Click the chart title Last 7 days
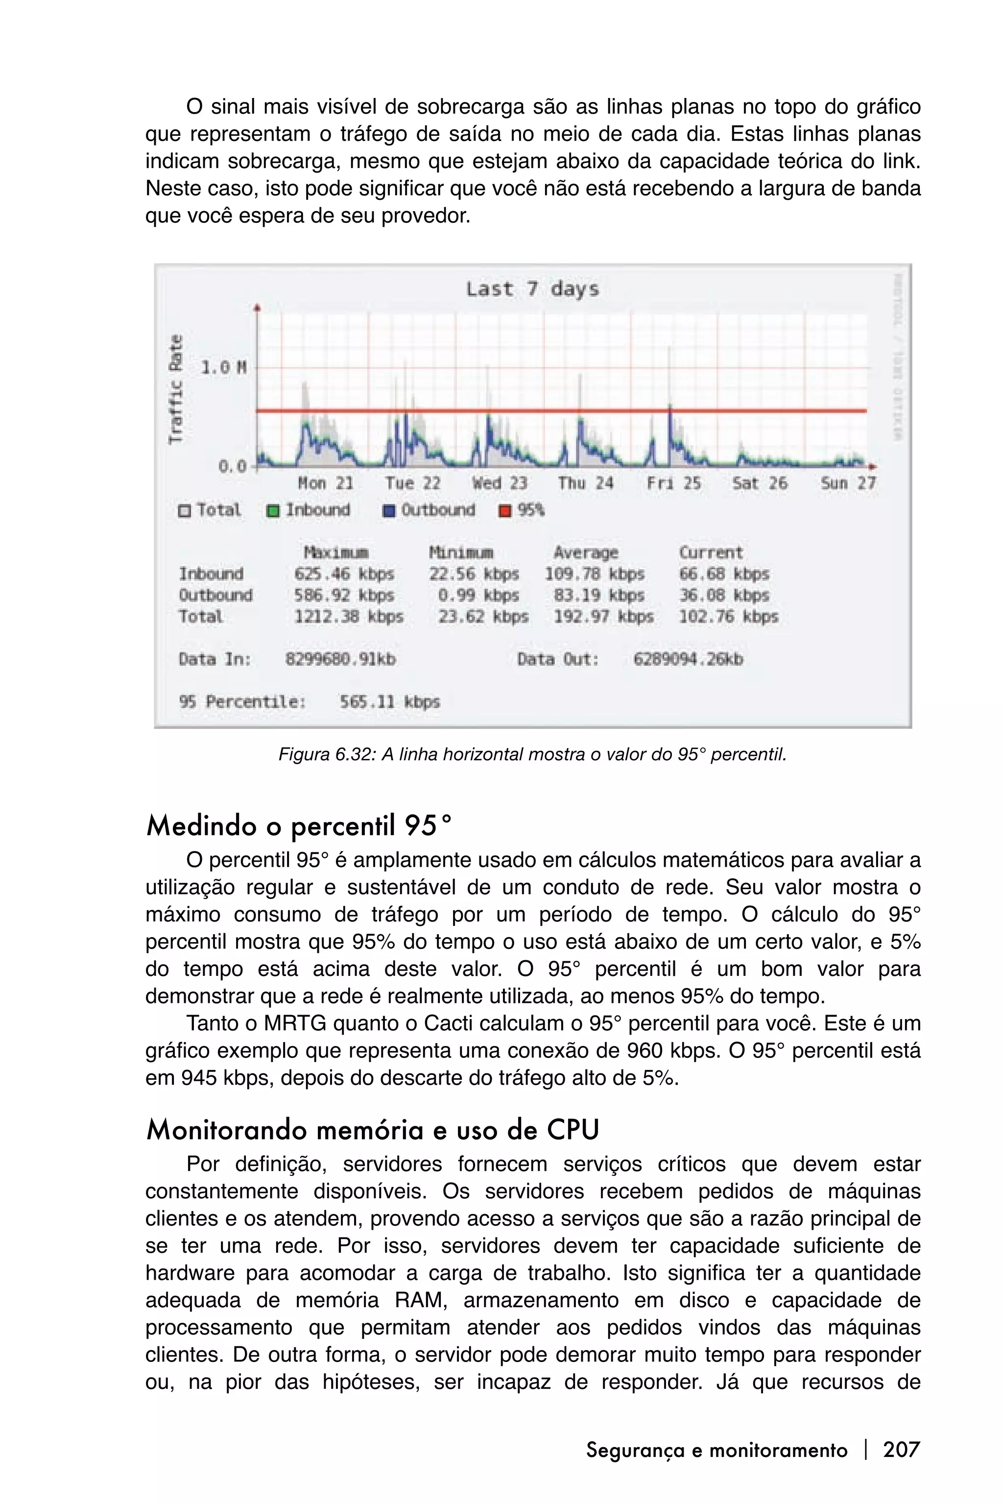(532, 289)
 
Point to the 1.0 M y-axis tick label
(224, 368)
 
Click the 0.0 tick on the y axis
(232, 466)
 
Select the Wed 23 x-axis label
(500, 483)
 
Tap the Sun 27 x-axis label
(848, 483)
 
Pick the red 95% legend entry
(522, 510)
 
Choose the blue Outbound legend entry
(429, 510)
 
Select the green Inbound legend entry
(309, 510)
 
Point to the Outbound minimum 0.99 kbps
(478, 595)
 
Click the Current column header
(711, 552)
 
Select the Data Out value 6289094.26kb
(688, 659)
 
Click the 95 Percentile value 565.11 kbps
(389, 702)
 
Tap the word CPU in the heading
(573, 1130)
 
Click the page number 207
(901, 1449)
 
